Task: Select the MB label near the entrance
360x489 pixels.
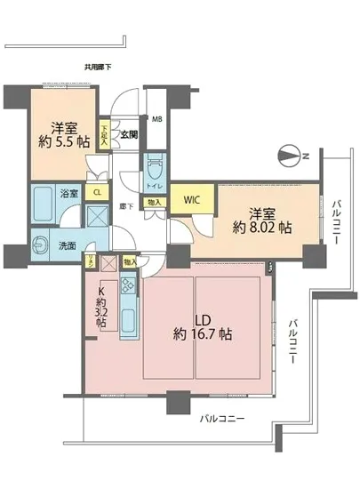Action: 156,119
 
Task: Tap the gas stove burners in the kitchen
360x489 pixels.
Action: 126,286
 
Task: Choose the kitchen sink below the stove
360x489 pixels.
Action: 126,318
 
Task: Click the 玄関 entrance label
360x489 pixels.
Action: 128,135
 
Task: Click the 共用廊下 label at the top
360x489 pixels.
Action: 98,66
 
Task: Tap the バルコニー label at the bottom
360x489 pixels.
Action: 218,417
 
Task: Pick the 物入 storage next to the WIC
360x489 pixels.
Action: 155,204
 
